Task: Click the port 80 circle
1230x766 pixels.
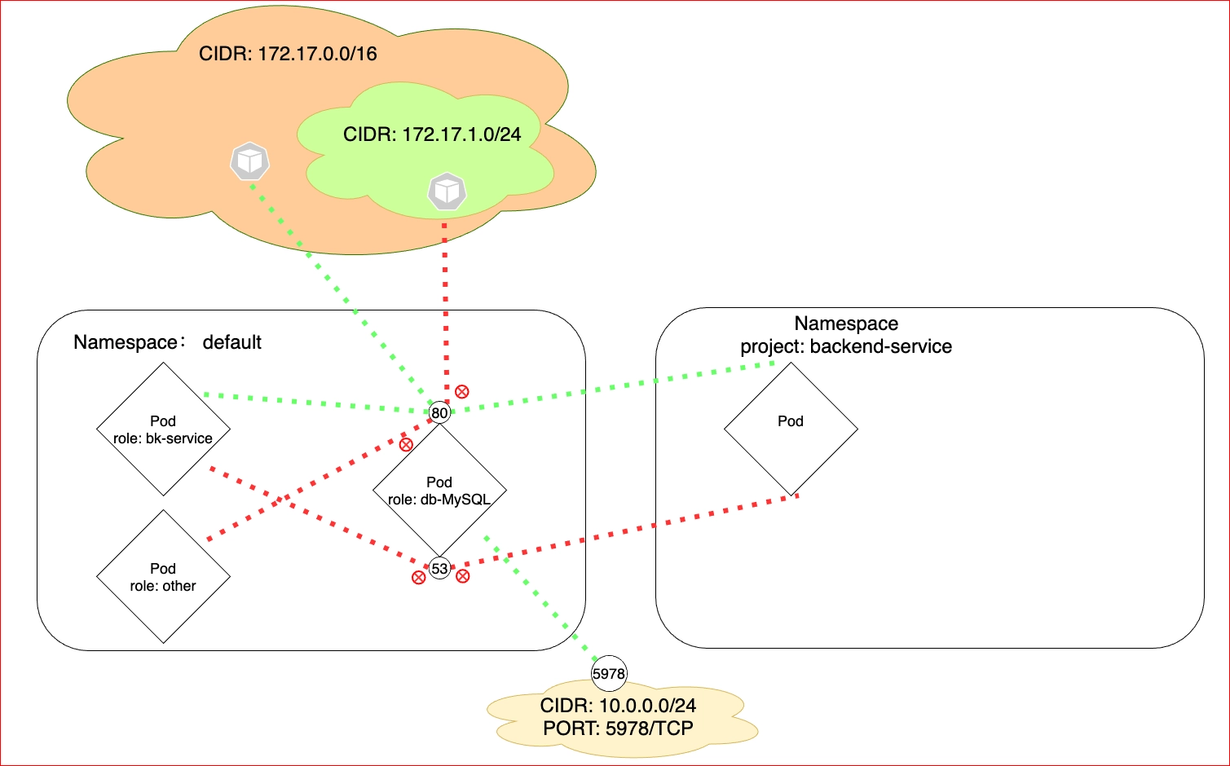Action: (439, 412)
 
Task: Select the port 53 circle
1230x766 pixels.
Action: (439, 568)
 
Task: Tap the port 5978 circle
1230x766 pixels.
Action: (608, 673)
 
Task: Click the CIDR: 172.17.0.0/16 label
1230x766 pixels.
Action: (288, 54)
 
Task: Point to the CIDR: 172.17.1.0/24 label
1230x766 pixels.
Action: (432, 134)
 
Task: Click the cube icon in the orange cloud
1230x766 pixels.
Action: (250, 161)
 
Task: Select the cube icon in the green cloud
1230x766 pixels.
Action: (447, 191)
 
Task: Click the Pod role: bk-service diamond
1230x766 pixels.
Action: (163, 429)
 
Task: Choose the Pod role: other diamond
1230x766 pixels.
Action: (163, 577)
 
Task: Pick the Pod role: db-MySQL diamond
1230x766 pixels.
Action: (439, 490)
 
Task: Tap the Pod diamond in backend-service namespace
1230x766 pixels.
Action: (791, 429)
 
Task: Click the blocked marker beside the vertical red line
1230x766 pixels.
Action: (462, 391)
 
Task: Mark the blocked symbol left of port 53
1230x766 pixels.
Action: (418, 578)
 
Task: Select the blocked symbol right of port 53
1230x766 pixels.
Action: (463, 576)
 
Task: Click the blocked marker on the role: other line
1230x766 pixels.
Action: (406, 445)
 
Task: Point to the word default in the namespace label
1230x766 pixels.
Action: (231, 342)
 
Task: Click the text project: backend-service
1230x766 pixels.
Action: (846, 346)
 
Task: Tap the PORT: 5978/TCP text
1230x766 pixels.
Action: (619, 729)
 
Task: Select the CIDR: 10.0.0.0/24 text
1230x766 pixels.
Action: (619, 705)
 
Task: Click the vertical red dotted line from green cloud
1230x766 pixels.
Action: (445, 313)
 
